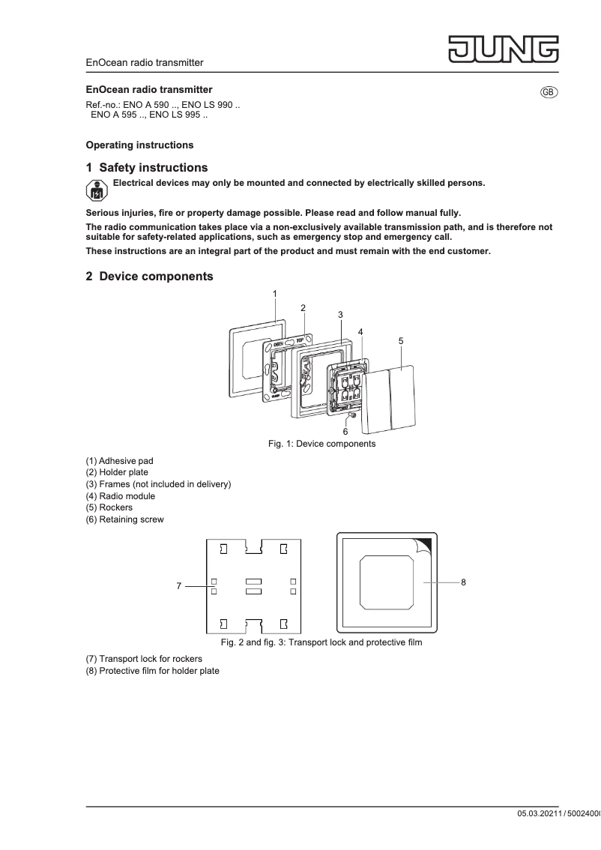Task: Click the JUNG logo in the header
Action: pyautogui.click(x=504, y=49)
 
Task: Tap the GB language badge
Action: pyautogui.click(x=549, y=91)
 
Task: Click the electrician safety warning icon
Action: pyautogui.click(x=97, y=190)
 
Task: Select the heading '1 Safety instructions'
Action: pyautogui.click(x=147, y=168)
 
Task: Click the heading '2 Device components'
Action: pyautogui.click(x=150, y=277)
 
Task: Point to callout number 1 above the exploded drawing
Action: pyautogui.click(x=275, y=294)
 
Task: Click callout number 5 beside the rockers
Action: pyautogui.click(x=401, y=340)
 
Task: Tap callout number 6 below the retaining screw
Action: pyautogui.click(x=345, y=432)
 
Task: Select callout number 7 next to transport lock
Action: pyautogui.click(x=178, y=586)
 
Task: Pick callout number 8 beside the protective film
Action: pyautogui.click(x=464, y=582)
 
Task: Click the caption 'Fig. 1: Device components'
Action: pyautogui.click(x=321, y=444)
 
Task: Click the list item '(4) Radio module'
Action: pyautogui.click(x=121, y=496)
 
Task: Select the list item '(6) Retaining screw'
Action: pyautogui.click(x=124, y=519)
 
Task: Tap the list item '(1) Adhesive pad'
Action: pyautogui.click(x=120, y=461)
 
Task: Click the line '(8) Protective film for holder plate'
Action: pyautogui.click(x=153, y=671)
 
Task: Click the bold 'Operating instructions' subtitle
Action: pyautogui.click(x=139, y=145)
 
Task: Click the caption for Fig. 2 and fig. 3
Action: pyautogui.click(x=321, y=642)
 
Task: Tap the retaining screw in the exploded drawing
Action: pyautogui.click(x=351, y=415)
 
